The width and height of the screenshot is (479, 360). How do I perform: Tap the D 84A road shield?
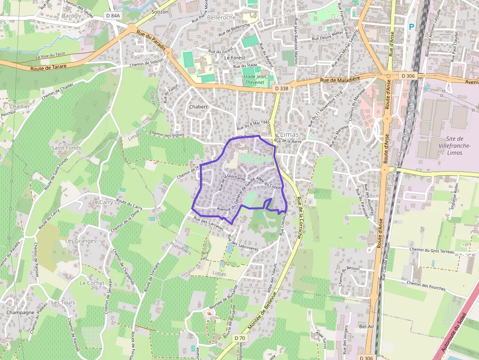(112, 16)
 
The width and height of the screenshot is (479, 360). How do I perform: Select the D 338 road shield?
(282, 88)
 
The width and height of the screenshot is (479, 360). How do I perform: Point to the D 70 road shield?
(239, 338)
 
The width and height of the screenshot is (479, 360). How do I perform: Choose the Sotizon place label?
(160, 12)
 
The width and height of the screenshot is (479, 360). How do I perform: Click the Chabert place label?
(198, 106)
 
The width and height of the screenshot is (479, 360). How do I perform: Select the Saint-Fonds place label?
(66, 148)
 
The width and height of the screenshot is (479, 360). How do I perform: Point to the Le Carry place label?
(103, 202)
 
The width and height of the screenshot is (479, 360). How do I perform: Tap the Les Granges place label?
(81, 241)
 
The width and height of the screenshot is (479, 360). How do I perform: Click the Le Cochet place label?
(92, 283)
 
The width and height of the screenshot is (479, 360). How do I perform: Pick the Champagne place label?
(21, 312)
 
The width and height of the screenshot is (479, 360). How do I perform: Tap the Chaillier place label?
(19, 106)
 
